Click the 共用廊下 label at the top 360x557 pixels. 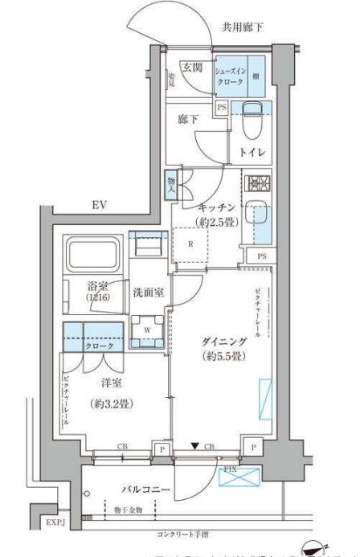243,27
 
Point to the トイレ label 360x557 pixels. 252,151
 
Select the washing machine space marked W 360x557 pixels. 148,329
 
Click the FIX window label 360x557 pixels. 229,467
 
